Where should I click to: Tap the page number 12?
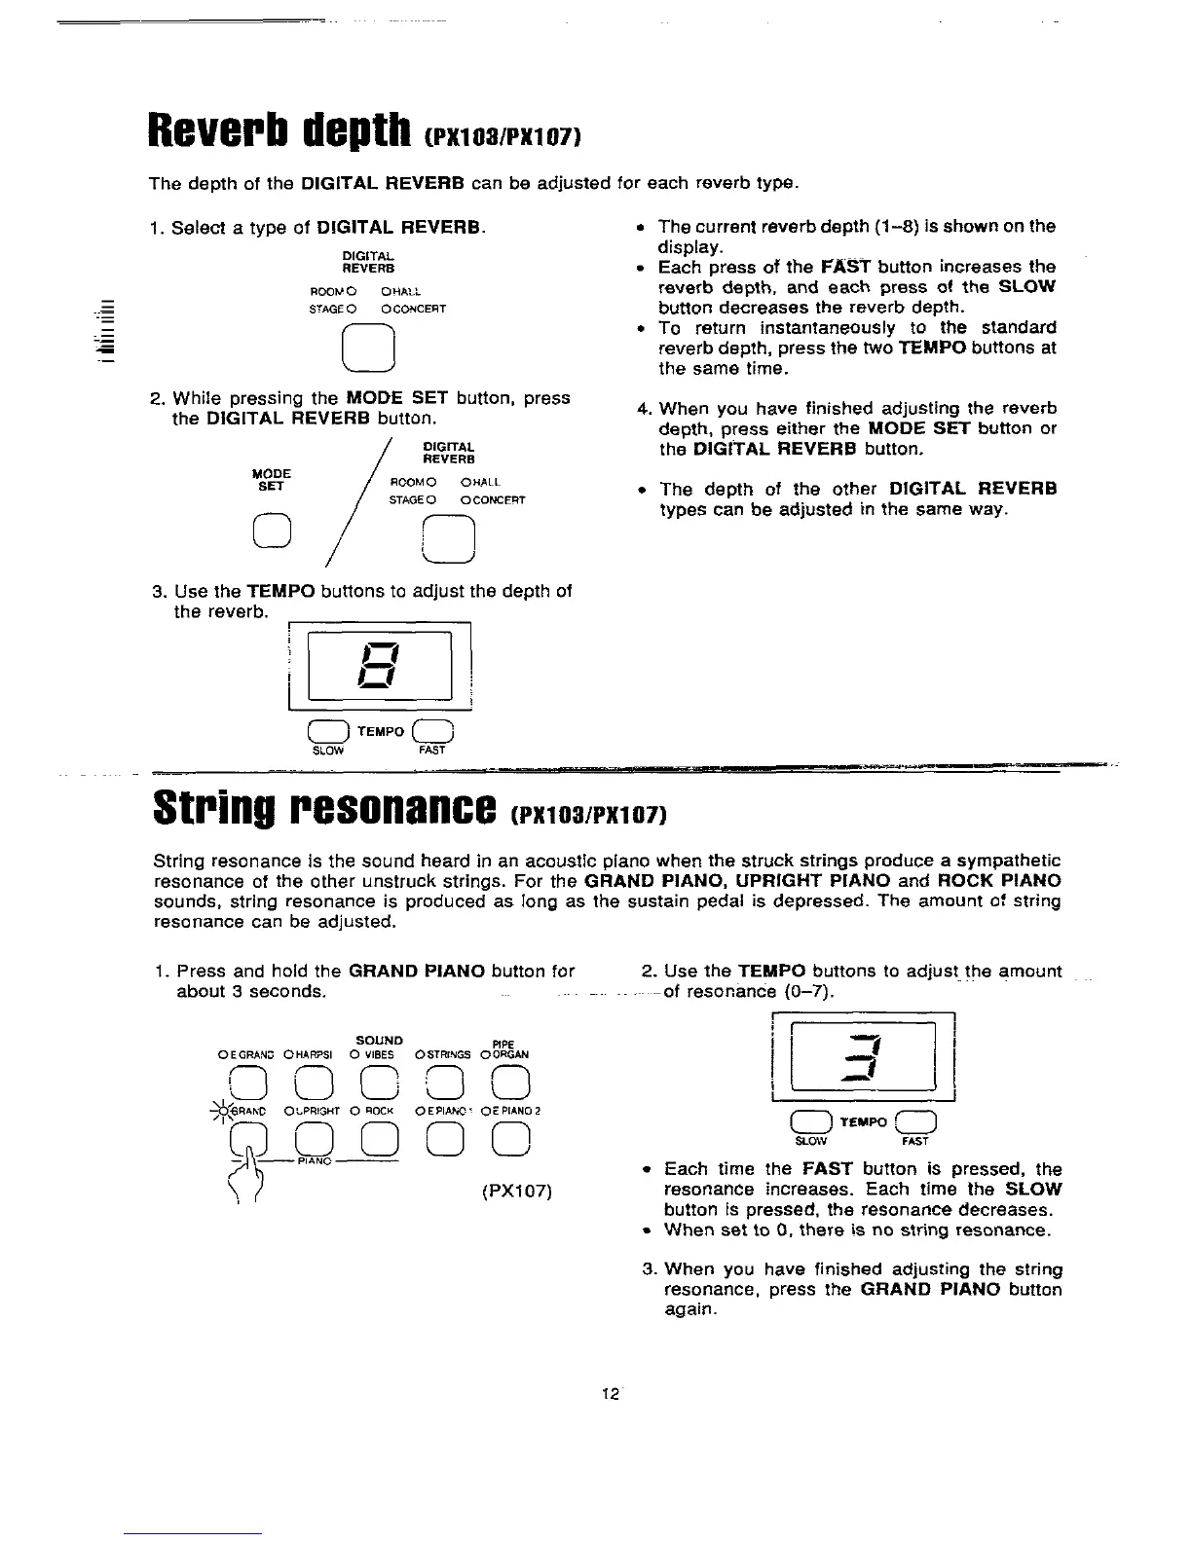pos(611,1394)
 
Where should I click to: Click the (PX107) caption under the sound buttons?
pos(517,1191)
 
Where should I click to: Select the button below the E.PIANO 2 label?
pos(511,1139)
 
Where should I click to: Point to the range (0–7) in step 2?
pos(808,992)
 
